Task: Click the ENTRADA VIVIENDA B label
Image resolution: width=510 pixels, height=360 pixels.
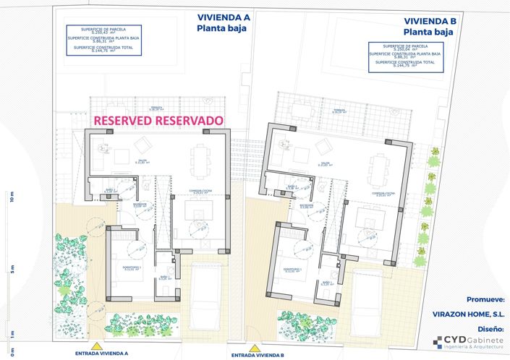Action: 257,356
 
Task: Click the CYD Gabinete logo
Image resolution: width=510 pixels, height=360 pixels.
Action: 468,343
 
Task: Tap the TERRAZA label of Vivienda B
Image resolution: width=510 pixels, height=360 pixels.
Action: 337,111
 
